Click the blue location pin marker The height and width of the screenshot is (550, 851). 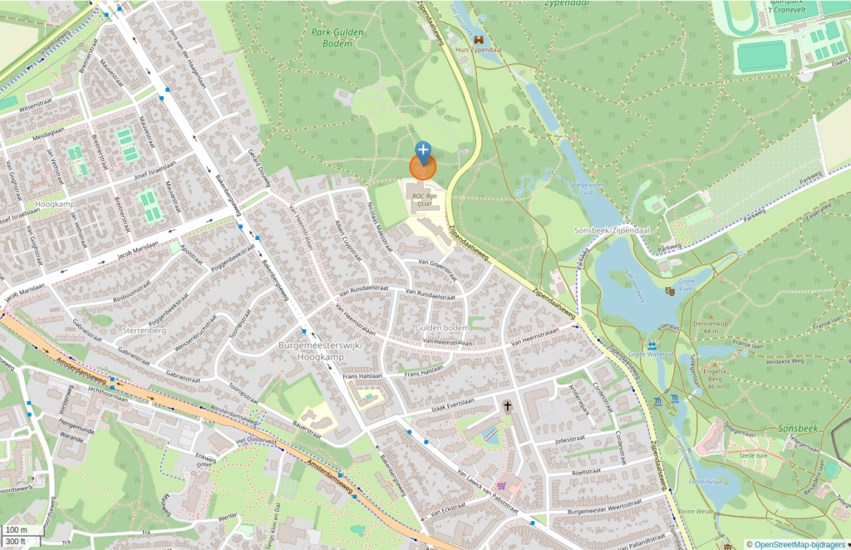[423, 151]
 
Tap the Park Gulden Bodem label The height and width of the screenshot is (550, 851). [340, 37]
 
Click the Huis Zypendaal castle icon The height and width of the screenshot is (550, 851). [479, 38]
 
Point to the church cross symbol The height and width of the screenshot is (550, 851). [507, 405]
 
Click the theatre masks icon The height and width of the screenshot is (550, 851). [669, 291]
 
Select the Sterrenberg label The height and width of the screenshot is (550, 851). [145, 331]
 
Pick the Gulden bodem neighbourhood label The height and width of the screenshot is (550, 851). [441, 328]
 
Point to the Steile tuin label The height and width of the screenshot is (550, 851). [754, 454]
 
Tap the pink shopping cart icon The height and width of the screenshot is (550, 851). [501, 485]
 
